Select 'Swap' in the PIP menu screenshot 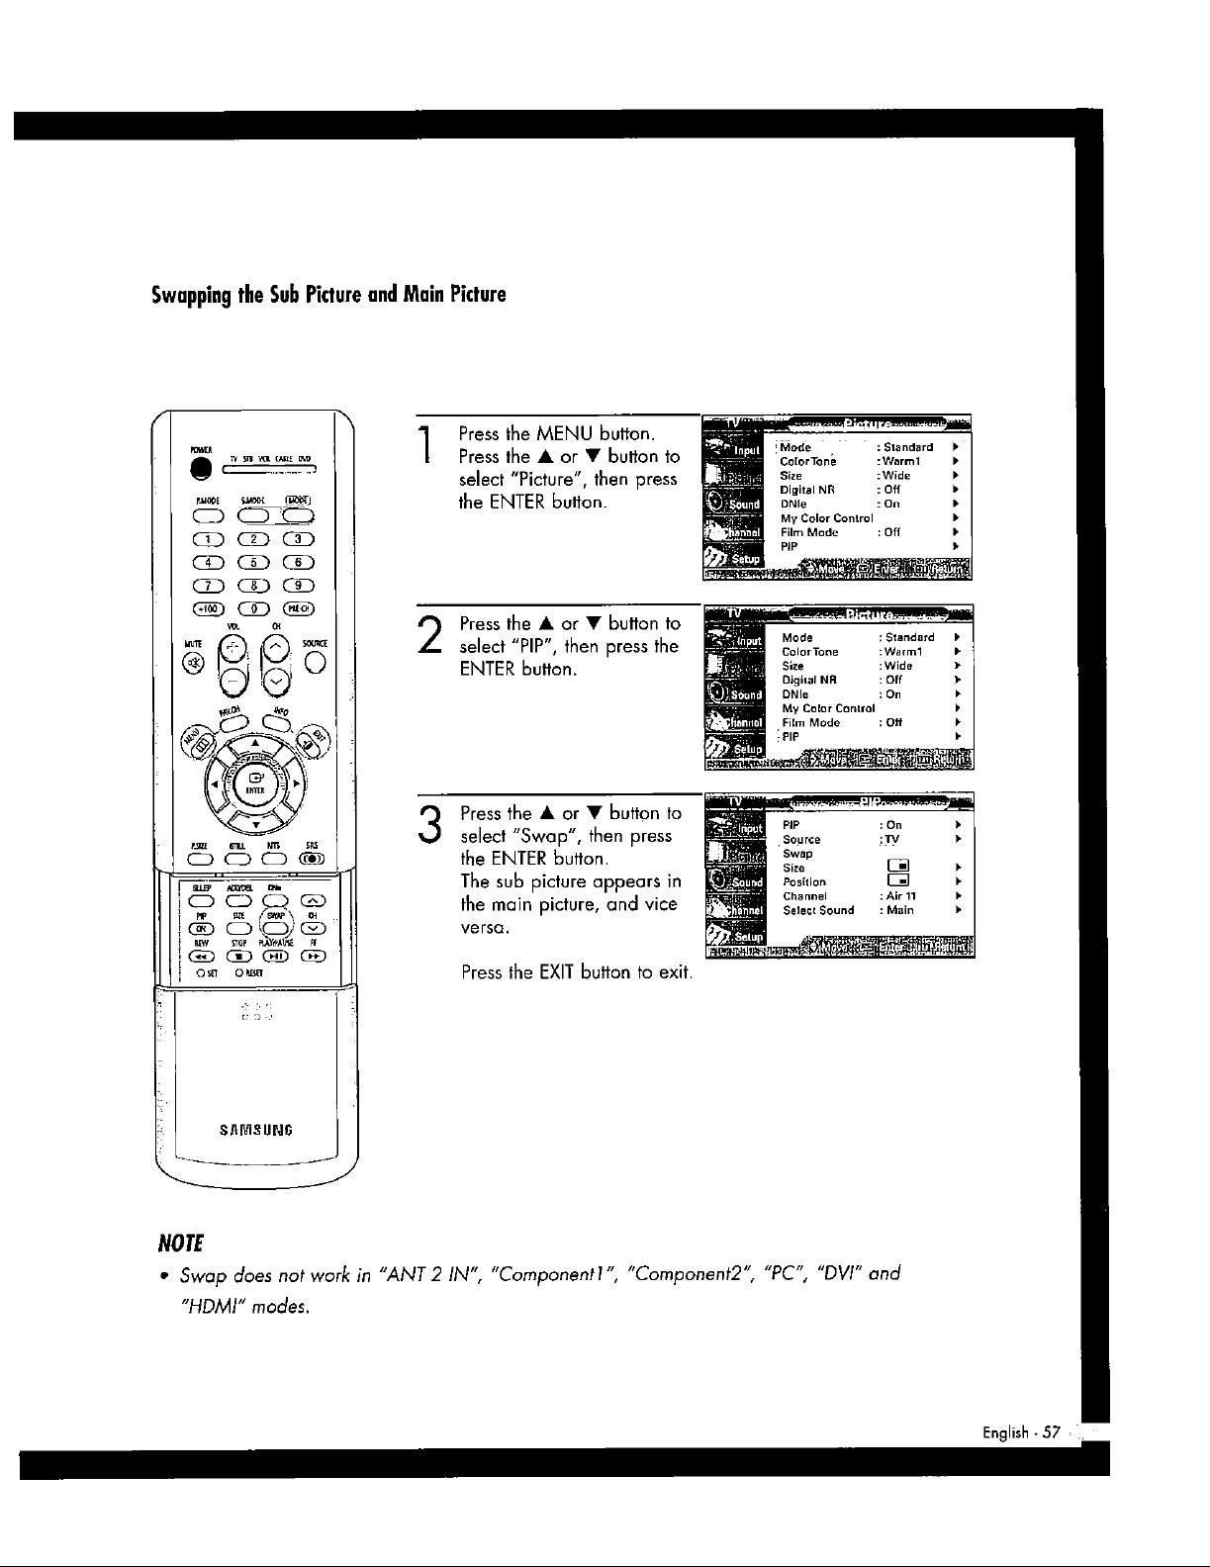coord(797,854)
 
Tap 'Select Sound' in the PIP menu coord(818,910)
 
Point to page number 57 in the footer coord(1050,1431)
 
